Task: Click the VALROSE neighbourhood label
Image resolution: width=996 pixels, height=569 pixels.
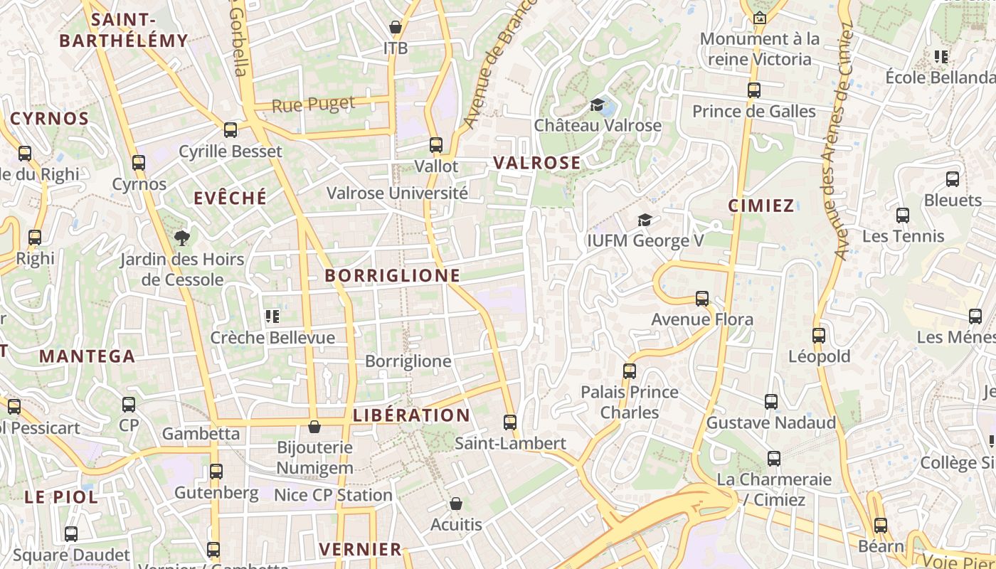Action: (x=537, y=163)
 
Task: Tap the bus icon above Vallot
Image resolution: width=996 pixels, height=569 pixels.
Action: (x=436, y=145)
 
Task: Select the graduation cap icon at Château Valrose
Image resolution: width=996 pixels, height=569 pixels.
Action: (x=598, y=105)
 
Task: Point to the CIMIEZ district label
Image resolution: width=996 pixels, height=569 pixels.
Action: (x=761, y=206)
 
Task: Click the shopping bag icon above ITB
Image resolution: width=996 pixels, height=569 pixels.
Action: (x=396, y=28)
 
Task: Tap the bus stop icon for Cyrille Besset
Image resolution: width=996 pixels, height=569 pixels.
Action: (x=231, y=130)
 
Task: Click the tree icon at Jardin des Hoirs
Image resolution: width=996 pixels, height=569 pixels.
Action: (x=182, y=238)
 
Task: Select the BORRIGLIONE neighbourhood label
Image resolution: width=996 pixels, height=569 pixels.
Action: (x=392, y=275)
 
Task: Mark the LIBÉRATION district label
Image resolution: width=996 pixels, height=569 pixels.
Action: (x=411, y=415)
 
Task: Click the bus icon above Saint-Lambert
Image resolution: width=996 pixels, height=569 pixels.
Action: (x=510, y=422)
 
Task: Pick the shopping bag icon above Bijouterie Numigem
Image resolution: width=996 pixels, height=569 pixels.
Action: (x=314, y=427)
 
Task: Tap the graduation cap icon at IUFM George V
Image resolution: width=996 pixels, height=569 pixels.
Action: (x=645, y=220)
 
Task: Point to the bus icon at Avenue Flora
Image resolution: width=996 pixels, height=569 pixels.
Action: (x=702, y=299)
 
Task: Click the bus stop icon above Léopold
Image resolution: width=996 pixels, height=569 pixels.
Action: (x=819, y=336)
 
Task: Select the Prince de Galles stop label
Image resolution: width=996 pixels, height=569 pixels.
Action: (x=753, y=112)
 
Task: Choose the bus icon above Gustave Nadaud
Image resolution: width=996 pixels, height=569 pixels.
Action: (x=771, y=402)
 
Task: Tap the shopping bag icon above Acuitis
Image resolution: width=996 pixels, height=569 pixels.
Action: (x=456, y=504)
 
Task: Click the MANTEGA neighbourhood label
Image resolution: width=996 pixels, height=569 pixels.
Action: (x=87, y=356)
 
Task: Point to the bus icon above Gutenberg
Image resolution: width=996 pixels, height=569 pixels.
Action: (x=216, y=472)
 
